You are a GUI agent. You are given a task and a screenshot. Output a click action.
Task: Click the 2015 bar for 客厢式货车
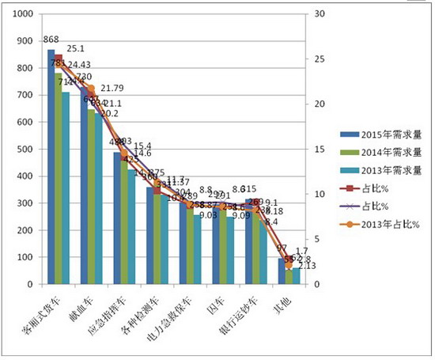(x=51, y=166)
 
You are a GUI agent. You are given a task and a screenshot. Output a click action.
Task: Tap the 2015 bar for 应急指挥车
(x=117, y=218)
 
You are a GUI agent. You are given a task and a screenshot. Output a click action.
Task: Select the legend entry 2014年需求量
(x=372, y=152)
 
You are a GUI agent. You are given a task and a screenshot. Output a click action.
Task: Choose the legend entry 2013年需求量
(x=372, y=170)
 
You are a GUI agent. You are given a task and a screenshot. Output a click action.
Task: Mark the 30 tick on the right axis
(x=320, y=14)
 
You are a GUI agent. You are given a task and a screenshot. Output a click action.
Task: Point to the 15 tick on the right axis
(x=320, y=150)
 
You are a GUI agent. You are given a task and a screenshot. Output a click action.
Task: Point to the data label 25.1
(x=76, y=48)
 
